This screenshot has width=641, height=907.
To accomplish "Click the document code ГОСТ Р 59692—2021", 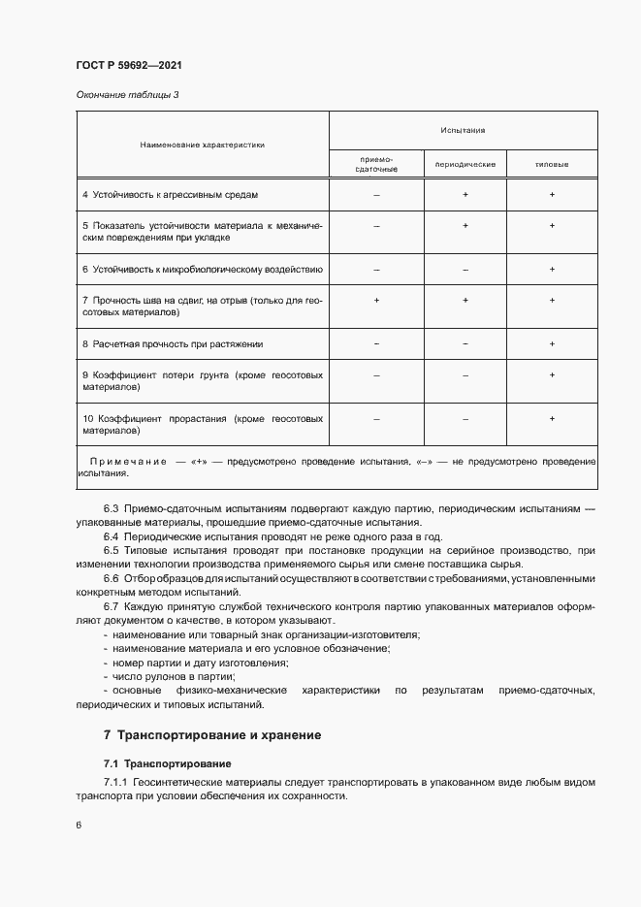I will click(x=128, y=65).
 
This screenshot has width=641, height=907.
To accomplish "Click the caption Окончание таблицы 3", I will click(x=127, y=94).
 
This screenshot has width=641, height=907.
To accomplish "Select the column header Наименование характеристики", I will click(x=203, y=145).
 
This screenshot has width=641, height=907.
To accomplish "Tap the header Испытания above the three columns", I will click(x=463, y=129).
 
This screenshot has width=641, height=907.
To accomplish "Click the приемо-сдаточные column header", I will click(x=376, y=164).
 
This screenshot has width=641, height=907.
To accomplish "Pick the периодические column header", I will click(x=465, y=164).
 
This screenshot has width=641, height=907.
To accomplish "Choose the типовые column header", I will click(x=552, y=164).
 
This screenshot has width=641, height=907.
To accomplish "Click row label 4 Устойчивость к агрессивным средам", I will click(x=170, y=195).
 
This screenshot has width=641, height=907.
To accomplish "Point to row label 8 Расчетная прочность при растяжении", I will click(x=172, y=343).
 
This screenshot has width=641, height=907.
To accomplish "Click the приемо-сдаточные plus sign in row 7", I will click(x=376, y=301).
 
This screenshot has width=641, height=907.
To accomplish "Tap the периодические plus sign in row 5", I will click(x=465, y=225).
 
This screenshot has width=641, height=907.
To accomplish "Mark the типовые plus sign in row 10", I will click(x=552, y=418).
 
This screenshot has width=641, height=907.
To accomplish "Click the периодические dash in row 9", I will click(x=465, y=374).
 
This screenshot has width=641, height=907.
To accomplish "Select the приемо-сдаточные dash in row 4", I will click(x=376, y=195).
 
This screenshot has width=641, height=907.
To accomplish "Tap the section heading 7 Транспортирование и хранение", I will click(x=212, y=735).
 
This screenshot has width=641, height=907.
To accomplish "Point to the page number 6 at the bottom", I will click(x=79, y=825).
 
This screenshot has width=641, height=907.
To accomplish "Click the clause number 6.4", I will click(x=111, y=535).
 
